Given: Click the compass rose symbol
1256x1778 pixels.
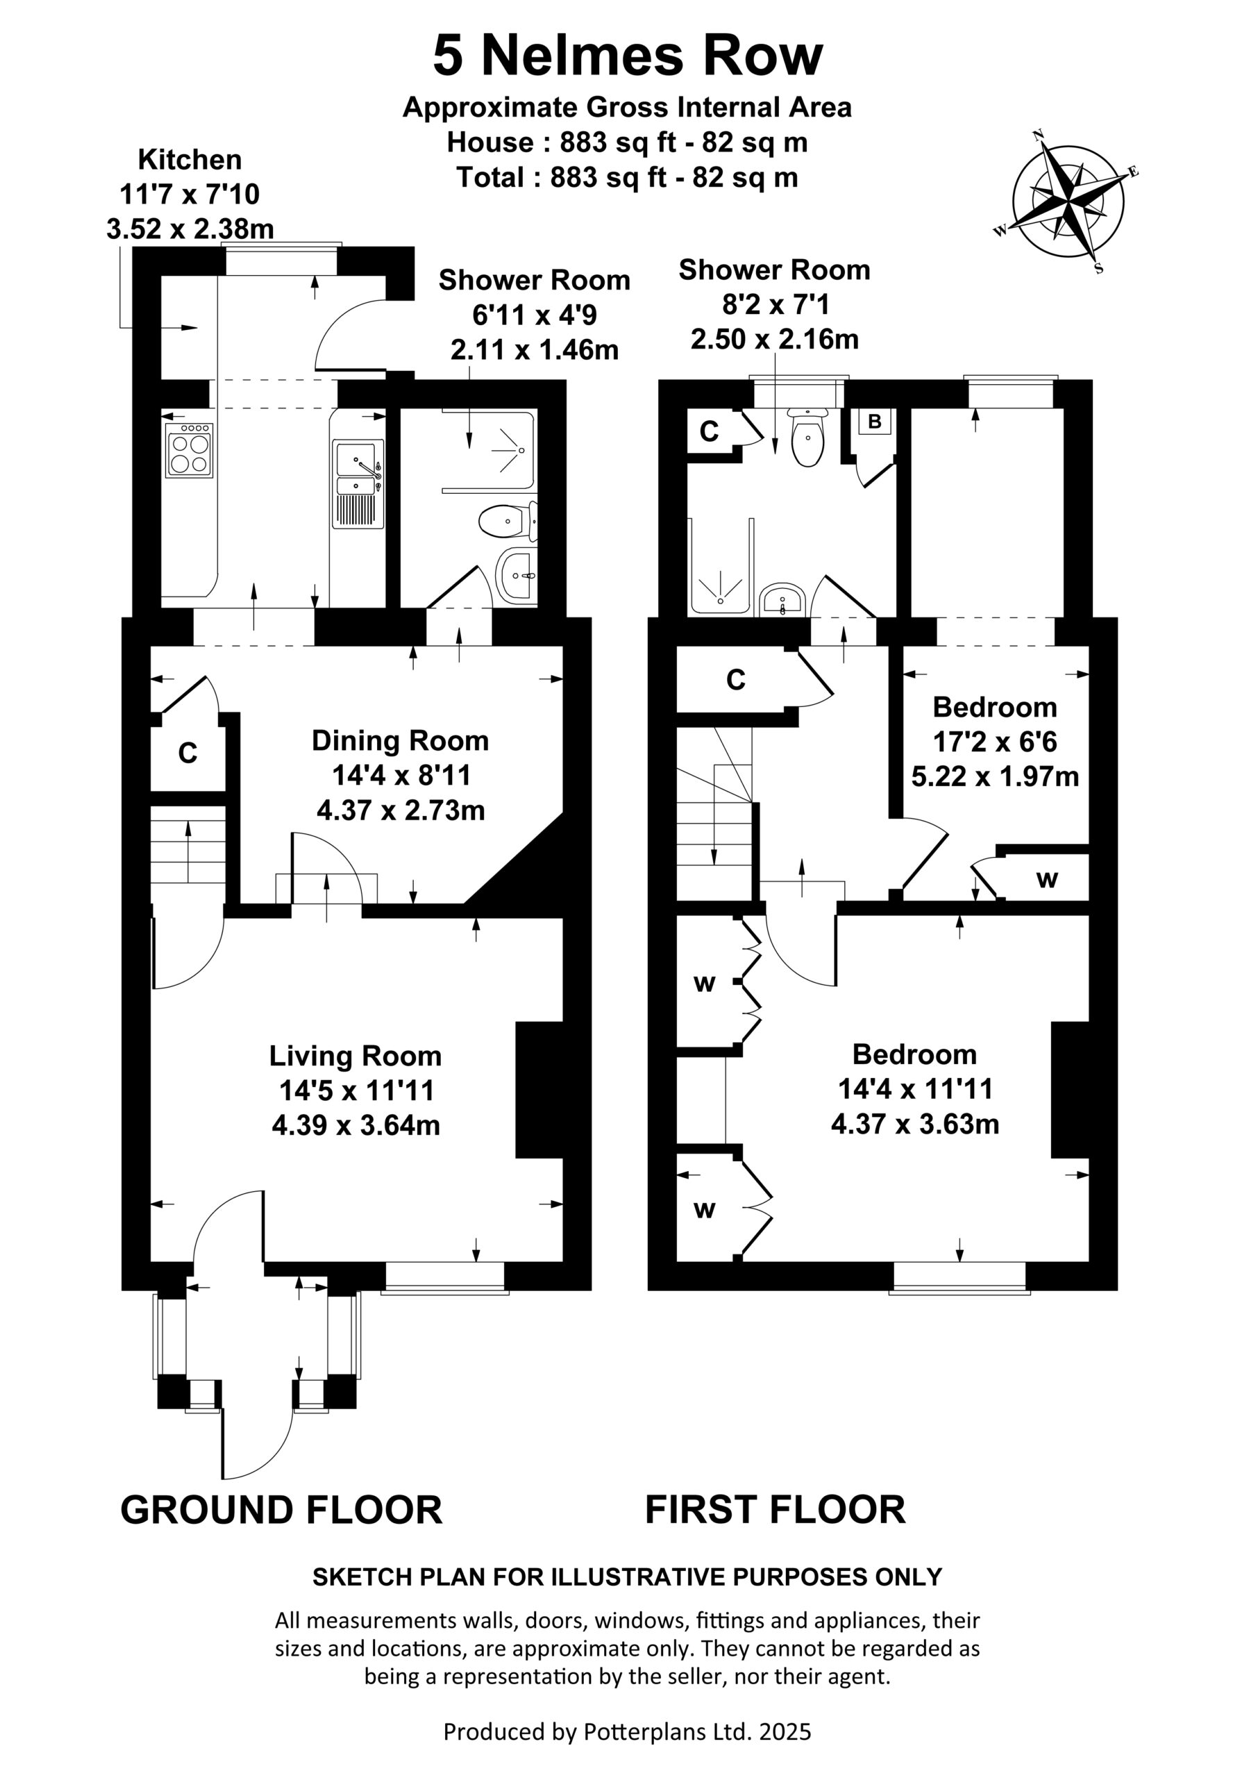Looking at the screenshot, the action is tap(1069, 201).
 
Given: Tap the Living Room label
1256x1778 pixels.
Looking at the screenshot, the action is tap(355, 1056).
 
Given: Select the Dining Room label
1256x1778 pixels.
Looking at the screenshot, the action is tap(401, 741).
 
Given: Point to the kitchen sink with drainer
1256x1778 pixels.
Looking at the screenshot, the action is tap(358, 484).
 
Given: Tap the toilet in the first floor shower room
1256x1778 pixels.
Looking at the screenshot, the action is tap(808, 438).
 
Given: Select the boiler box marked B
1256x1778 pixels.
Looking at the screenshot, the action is tap(875, 422).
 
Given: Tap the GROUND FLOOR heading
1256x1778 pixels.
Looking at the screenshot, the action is tap(281, 1510).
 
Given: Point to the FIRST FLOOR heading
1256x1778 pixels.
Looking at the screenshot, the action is tap(775, 1510).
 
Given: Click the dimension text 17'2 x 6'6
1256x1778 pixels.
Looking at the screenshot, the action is tap(995, 742).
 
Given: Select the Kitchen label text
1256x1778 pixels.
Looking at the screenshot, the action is tap(190, 160).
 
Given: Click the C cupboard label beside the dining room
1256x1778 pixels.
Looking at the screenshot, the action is tap(187, 753).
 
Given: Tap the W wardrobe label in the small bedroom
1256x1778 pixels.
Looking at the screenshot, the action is tap(1047, 880).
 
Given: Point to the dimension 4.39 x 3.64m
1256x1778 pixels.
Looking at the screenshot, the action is tap(356, 1124).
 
